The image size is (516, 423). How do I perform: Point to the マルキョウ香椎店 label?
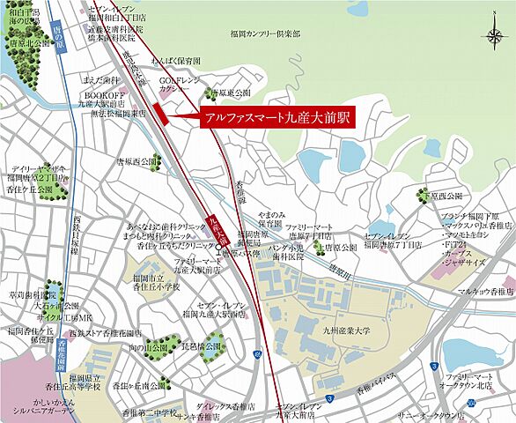(x=485, y=291)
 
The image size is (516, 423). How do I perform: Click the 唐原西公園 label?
(x=136, y=163)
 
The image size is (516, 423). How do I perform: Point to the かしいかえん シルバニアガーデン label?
(x=36, y=407)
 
